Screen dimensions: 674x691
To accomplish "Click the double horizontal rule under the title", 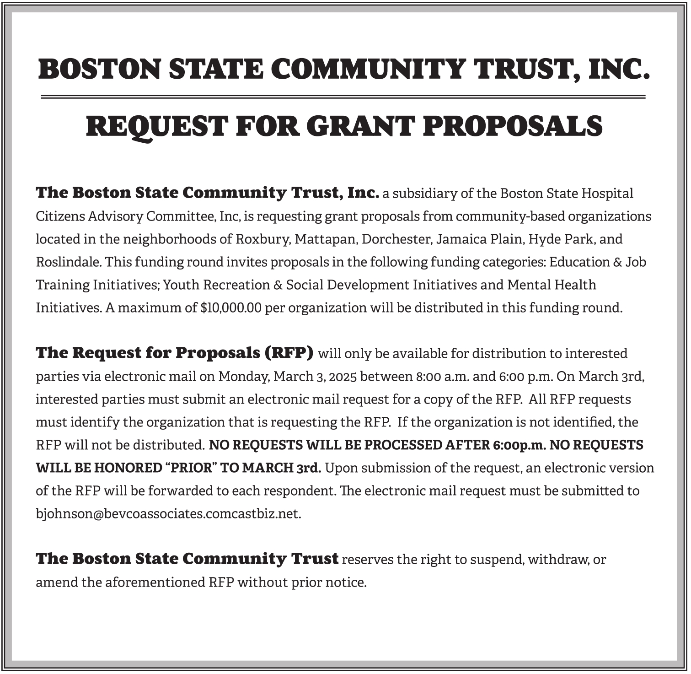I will (343, 97).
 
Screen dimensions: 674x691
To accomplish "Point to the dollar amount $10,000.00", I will (231, 308).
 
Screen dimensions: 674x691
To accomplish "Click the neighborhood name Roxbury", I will (263, 239).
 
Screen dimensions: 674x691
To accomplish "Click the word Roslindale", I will (69, 262).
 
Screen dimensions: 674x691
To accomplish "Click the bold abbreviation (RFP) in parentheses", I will (289, 353).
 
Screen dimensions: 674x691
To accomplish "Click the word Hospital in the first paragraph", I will (607, 194).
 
